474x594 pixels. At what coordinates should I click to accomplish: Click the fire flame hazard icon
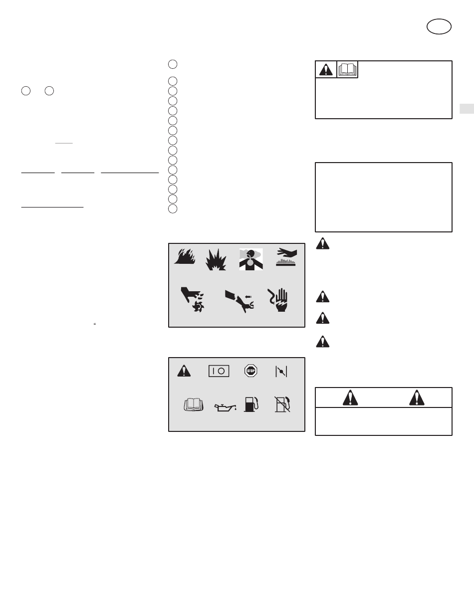(x=185, y=256)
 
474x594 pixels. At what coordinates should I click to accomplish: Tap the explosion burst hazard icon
(x=216, y=260)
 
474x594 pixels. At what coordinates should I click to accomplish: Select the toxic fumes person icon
(x=251, y=259)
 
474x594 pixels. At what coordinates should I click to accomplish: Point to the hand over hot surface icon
(x=286, y=257)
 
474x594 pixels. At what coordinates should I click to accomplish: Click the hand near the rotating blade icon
(x=193, y=299)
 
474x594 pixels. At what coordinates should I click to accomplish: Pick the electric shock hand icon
(x=278, y=300)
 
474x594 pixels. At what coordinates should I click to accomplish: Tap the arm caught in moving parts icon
(x=239, y=301)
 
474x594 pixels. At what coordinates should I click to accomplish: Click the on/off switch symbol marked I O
(x=219, y=371)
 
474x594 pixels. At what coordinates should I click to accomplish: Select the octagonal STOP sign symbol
(x=251, y=371)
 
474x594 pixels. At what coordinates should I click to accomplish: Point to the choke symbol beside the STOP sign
(x=281, y=372)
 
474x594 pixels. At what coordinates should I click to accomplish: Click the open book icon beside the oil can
(x=194, y=404)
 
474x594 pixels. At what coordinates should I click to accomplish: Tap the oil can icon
(x=226, y=407)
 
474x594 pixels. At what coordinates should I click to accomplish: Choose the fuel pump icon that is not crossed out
(x=251, y=404)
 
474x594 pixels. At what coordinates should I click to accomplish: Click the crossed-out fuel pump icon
(x=282, y=404)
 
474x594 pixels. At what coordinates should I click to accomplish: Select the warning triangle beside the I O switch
(x=184, y=371)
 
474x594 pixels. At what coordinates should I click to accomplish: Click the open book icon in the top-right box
(x=347, y=70)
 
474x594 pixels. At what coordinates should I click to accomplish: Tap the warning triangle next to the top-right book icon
(x=326, y=70)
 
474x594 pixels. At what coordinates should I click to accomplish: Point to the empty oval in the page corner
(x=439, y=26)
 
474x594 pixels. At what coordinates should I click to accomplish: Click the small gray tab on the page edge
(x=467, y=109)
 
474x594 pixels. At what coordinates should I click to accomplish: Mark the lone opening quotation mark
(x=95, y=324)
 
